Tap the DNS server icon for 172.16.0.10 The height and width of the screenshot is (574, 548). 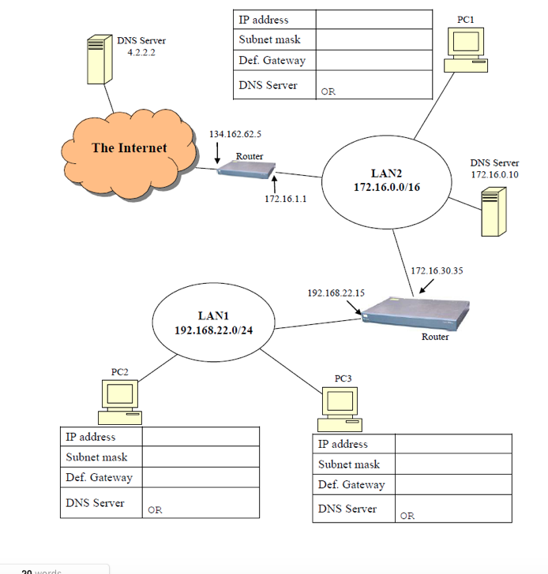494,211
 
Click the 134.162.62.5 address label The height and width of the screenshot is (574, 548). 235,134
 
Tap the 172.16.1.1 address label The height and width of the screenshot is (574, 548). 285,199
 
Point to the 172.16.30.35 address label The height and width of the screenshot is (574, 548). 437,270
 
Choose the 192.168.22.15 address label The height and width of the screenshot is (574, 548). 336,293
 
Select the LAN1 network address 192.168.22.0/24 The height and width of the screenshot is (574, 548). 213,330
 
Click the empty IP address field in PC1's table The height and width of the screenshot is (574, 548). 373,20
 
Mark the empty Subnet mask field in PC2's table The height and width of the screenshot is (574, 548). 201,457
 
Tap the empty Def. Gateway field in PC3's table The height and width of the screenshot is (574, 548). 452,485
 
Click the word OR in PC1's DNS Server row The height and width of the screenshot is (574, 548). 328,91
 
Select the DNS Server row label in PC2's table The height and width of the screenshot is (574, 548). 95,503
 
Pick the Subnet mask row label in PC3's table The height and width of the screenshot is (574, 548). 349,464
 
